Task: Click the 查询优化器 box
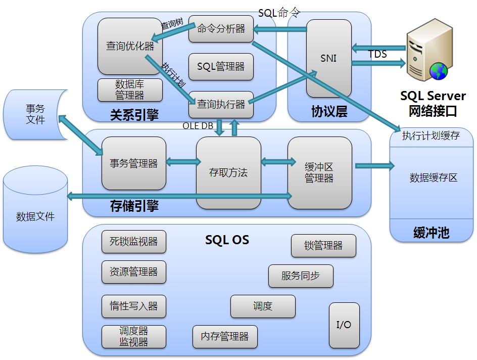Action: (x=130, y=46)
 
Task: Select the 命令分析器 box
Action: (x=221, y=29)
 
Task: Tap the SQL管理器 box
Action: (x=221, y=67)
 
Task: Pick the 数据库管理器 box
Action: (x=130, y=90)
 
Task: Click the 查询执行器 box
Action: (x=221, y=104)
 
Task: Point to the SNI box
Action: (x=329, y=58)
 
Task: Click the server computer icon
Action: (x=429, y=50)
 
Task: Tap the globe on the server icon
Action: (x=439, y=71)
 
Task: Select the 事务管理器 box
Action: (x=133, y=163)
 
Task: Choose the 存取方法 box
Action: (x=228, y=172)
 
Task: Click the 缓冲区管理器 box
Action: (x=320, y=172)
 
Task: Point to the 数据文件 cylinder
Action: (x=35, y=209)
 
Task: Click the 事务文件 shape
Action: (x=35, y=114)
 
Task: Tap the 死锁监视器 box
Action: (x=133, y=242)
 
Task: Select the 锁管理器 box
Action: (x=323, y=246)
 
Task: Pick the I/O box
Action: (x=344, y=325)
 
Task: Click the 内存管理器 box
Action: (x=225, y=337)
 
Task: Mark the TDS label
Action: (x=377, y=54)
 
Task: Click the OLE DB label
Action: (x=198, y=126)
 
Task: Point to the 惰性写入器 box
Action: (x=133, y=306)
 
